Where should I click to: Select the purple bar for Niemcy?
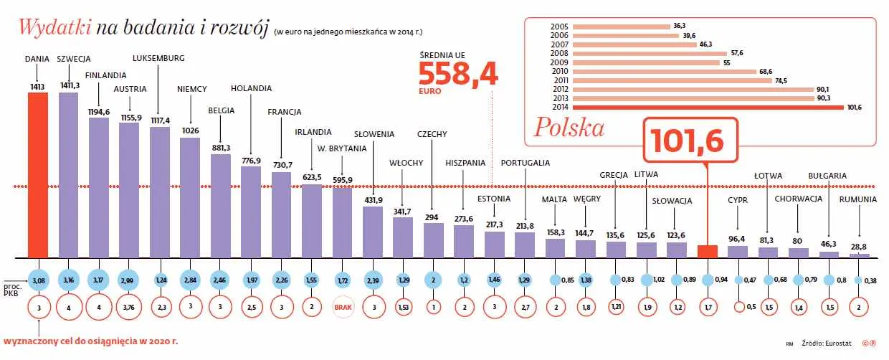coord(190,197)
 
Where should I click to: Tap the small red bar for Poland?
coord(708,251)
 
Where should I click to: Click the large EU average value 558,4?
coord(458,75)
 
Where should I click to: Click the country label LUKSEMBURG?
coord(159,58)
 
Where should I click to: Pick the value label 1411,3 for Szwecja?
coord(68,85)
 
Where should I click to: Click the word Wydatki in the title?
coord(54,27)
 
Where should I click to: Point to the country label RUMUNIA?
coord(858,199)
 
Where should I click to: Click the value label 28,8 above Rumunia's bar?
coord(859,246)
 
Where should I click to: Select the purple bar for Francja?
coord(281,214)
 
